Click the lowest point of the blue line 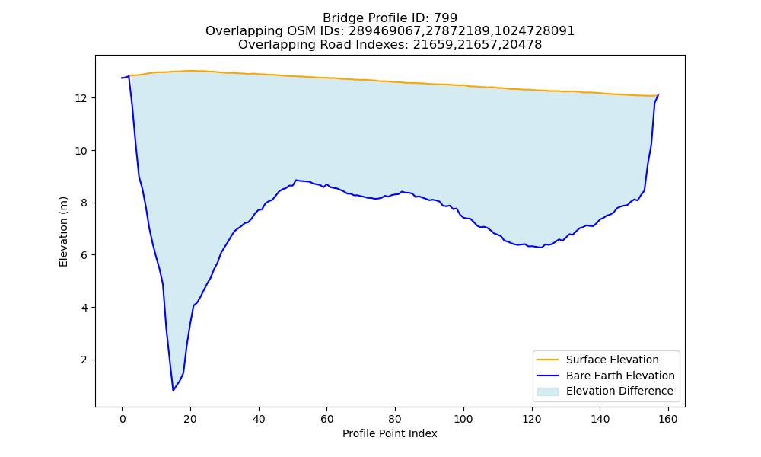coord(173,391)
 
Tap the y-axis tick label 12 coord(80,98)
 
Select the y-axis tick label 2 coord(84,360)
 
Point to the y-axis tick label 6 coord(84,255)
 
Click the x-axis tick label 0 coord(123,420)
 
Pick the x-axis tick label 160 coord(668,420)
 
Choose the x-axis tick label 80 coord(396,420)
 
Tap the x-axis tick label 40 coord(259,420)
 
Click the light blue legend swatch coord(547,391)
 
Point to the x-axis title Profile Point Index coord(390,433)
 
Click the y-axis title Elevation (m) coord(63,232)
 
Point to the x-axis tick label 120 coord(532,420)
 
